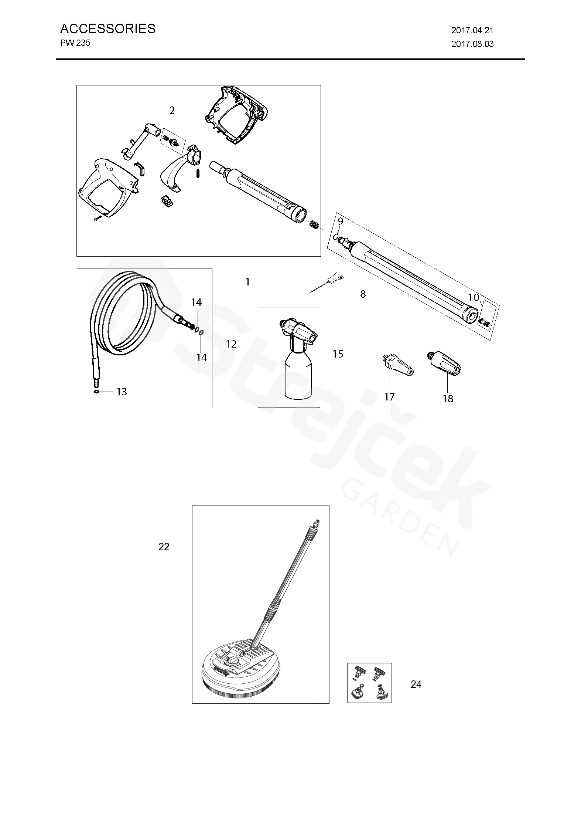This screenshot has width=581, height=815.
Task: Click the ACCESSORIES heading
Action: click(x=107, y=28)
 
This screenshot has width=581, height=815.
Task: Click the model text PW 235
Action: click(x=75, y=43)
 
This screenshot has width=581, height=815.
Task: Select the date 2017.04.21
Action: click(x=472, y=30)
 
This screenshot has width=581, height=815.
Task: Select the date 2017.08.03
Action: click(x=472, y=44)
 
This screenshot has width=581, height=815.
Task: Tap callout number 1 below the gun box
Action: click(x=247, y=282)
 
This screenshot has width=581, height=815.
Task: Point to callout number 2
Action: click(x=172, y=110)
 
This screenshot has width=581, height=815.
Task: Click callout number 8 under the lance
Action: click(x=363, y=294)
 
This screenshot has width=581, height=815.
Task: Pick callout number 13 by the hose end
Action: click(x=122, y=392)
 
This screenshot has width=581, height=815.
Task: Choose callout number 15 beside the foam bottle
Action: click(x=338, y=354)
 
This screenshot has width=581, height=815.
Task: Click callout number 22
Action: click(x=164, y=547)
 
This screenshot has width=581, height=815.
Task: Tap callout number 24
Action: click(x=416, y=684)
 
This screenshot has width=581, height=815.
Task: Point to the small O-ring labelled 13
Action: click(x=96, y=391)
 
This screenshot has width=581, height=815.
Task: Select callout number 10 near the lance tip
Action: click(x=473, y=297)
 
